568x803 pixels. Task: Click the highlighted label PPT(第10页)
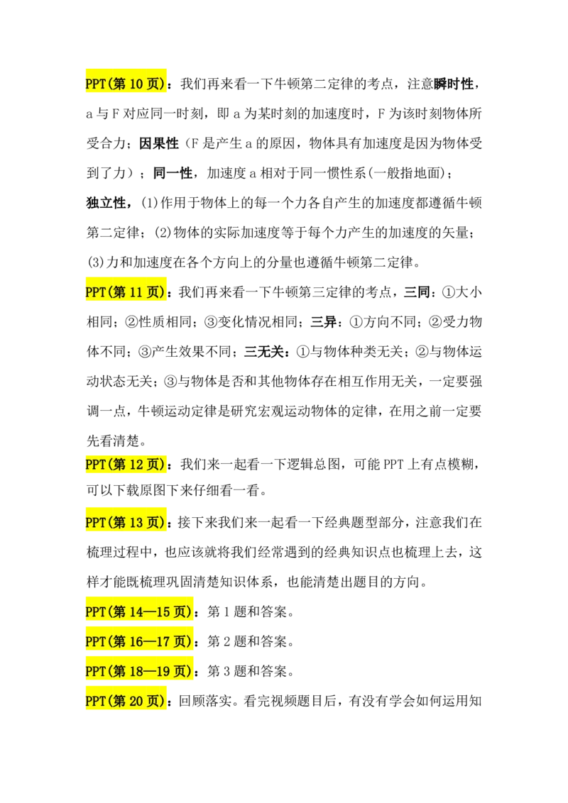127,84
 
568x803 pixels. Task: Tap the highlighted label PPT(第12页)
127,465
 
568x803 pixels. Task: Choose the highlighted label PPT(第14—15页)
140,611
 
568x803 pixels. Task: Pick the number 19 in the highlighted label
163,671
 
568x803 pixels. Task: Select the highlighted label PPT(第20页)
127,701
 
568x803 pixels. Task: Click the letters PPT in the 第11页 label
95,292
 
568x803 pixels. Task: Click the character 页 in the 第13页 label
155,523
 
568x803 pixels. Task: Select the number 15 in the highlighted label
163,611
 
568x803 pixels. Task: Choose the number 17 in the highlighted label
163,641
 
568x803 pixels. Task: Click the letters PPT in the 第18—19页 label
95,671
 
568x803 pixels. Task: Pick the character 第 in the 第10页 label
119,84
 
